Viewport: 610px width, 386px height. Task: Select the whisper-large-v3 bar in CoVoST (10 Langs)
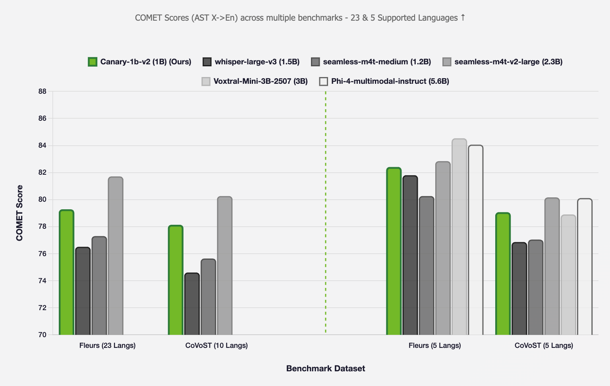(x=192, y=304)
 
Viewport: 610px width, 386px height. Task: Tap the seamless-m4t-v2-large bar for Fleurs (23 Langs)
(x=116, y=256)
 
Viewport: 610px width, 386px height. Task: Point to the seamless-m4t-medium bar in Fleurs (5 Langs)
(x=427, y=266)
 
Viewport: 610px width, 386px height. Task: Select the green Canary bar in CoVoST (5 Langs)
(x=503, y=274)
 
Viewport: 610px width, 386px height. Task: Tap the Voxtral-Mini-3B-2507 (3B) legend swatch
(x=206, y=81)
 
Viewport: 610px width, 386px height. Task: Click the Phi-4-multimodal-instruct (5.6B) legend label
(x=390, y=81)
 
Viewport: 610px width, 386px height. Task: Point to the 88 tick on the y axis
(x=42, y=91)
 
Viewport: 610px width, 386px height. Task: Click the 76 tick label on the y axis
(x=42, y=254)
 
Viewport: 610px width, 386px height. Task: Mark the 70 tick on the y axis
(x=42, y=335)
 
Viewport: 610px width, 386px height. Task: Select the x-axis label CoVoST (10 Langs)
(x=216, y=345)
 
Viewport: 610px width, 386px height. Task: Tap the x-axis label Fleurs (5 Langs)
(x=434, y=345)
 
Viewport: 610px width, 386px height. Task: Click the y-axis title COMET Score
(x=19, y=213)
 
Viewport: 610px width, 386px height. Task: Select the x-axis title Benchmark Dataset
(x=325, y=369)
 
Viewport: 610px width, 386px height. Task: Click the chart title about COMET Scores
(x=300, y=18)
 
